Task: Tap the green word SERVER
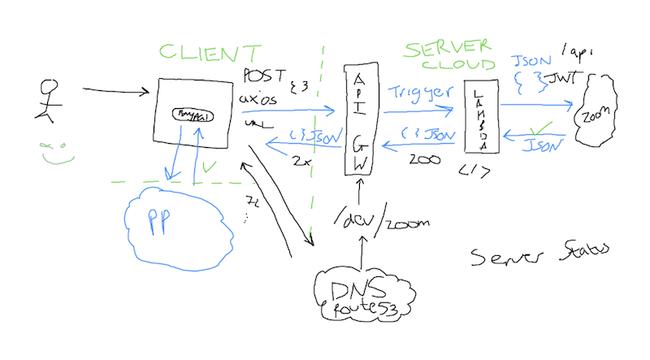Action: [444, 49]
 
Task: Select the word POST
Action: [261, 76]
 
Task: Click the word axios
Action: [259, 101]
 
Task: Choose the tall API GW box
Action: [358, 117]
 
